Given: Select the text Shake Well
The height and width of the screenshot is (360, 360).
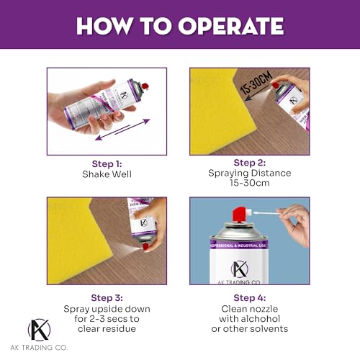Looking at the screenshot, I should click(107, 174).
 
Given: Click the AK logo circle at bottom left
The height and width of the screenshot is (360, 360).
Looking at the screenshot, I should click(39, 330).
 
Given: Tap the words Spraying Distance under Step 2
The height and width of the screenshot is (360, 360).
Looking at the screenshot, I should click(249, 174).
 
